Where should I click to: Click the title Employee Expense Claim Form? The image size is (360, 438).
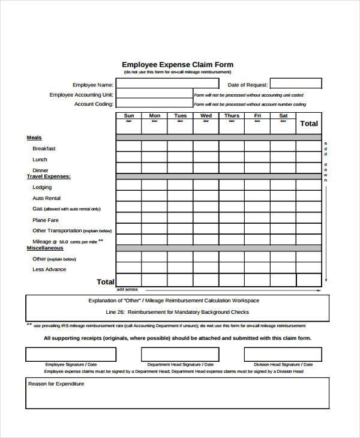[178, 64]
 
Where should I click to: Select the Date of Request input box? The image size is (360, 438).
[293, 84]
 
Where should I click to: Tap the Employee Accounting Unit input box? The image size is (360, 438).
[154, 95]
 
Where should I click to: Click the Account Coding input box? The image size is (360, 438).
[154, 104]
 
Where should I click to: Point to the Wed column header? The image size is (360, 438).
[206, 116]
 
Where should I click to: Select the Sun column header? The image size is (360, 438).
[128, 116]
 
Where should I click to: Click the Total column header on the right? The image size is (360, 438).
[308, 124]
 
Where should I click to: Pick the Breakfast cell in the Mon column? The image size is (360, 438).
[154, 147]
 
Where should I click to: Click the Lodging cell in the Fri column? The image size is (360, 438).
[257, 187]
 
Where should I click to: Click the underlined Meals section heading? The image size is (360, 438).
[34, 137]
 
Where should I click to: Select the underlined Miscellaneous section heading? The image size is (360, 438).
[45, 248]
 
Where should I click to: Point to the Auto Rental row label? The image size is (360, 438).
[46, 198]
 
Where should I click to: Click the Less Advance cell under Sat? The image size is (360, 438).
[283, 269]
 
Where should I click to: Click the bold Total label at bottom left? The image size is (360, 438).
[105, 281]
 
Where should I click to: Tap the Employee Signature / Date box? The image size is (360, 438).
[71, 355]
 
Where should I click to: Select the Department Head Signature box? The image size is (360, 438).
[181, 355]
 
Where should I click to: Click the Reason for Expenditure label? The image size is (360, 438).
[56, 384]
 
